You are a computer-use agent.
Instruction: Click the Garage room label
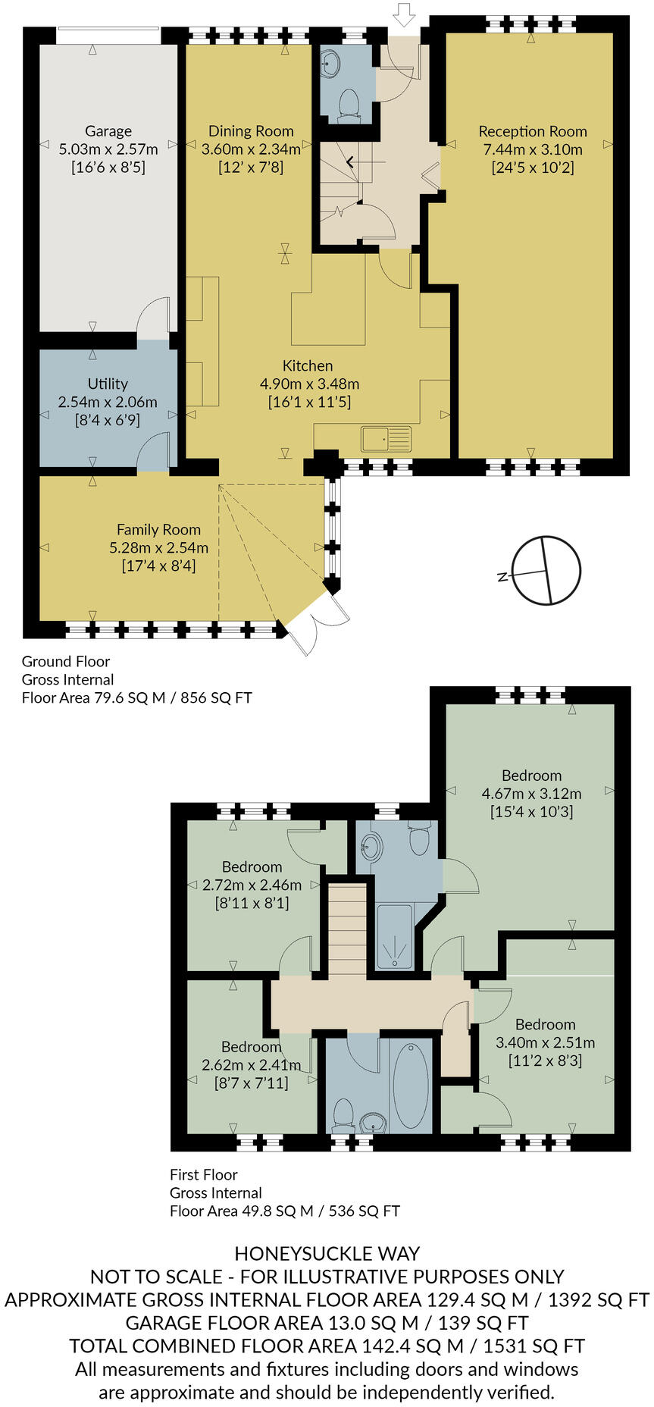108,131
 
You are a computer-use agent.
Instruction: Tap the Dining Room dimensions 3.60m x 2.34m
251,149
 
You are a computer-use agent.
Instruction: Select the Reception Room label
533,131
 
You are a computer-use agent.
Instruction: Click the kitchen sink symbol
386,439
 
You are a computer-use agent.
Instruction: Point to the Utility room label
108,384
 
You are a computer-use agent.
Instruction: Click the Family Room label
158,530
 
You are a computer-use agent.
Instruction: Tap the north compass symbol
546,571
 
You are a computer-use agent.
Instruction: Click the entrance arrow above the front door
405,14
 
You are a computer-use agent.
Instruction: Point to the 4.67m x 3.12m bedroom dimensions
531,794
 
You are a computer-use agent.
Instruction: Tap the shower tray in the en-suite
395,937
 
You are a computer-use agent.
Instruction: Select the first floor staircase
347,929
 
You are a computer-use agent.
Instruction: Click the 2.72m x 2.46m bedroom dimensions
252,885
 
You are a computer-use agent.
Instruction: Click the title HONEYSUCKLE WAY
327,1254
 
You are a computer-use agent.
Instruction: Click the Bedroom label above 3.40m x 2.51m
545,1024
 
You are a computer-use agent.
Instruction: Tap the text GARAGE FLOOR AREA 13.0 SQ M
271,1323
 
